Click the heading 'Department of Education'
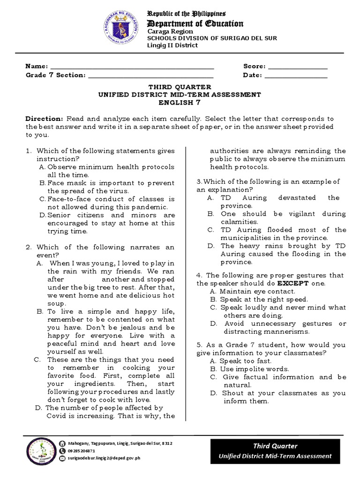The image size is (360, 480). click(195, 23)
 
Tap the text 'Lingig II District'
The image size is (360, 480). click(172, 45)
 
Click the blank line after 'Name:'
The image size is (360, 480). click(132, 67)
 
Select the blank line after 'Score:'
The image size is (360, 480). click(297, 67)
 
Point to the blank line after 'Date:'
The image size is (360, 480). click(296, 75)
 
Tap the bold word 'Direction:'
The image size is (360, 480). click(44, 119)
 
